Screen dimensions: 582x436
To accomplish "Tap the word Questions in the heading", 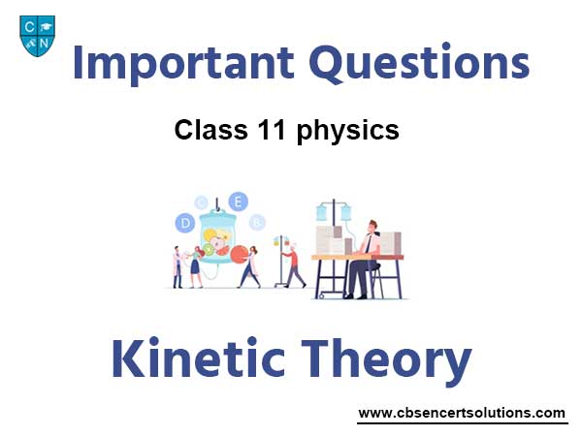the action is pyautogui.click(x=419, y=63).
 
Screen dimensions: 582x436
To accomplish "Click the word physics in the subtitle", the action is pyautogui.click(x=348, y=131).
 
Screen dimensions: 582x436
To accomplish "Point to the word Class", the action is pyautogui.click(x=210, y=130).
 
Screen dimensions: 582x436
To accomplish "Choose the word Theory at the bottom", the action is pyautogui.click(x=386, y=361).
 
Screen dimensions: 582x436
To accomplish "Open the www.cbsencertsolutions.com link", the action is pyautogui.click(x=462, y=413).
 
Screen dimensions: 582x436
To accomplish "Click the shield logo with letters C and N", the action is pyautogui.click(x=38, y=36).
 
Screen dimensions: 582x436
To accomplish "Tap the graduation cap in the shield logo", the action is pyautogui.click(x=46, y=27).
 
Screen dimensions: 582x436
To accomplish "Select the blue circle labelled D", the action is pyautogui.click(x=185, y=223).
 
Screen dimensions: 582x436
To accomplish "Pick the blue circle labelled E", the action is pyautogui.click(x=238, y=202).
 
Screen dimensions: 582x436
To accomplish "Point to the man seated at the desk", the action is pyautogui.click(x=362, y=260).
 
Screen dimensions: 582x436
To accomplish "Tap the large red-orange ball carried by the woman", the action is pyautogui.click(x=240, y=254).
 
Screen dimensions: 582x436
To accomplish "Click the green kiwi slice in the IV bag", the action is pyautogui.click(x=209, y=250).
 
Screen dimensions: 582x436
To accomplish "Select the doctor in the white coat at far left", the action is pyautogui.click(x=178, y=267).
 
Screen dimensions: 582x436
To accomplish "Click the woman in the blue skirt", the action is pyautogui.click(x=195, y=267).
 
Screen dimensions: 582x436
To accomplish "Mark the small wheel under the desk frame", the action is pyautogui.click(x=320, y=296).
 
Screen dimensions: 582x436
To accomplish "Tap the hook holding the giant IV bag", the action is pyautogui.click(x=216, y=204).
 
